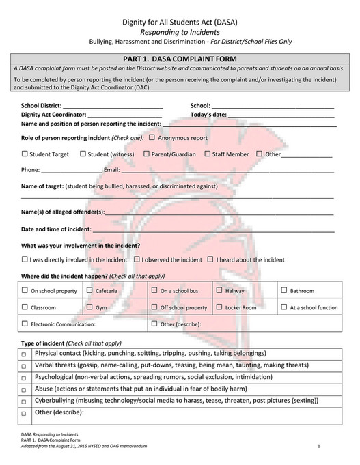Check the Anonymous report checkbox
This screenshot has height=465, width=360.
click(x=152, y=137)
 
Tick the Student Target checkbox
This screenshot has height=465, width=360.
click(x=25, y=154)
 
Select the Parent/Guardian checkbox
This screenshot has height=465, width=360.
click(x=146, y=154)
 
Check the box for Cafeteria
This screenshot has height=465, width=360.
click(x=89, y=290)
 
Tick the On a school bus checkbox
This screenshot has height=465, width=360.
click(x=154, y=290)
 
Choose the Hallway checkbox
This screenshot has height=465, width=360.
click(x=219, y=290)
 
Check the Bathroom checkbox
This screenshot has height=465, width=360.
click(x=284, y=290)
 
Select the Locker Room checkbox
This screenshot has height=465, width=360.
click(x=219, y=307)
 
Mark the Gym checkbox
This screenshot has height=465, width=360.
click(x=89, y=307)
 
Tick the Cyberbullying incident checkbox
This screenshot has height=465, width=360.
click(x=24, y=401)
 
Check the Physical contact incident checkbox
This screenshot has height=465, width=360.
click(x=24, y=355)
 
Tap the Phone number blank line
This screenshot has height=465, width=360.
click(x=61, y=171)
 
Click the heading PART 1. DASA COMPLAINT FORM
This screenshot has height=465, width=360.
click(x=180, y=59)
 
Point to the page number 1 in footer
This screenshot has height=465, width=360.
click(x=319, y=446)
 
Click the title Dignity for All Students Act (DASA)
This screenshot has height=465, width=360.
click(x=180, y=22)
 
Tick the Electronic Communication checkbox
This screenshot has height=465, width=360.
click(x=25, y=324)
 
